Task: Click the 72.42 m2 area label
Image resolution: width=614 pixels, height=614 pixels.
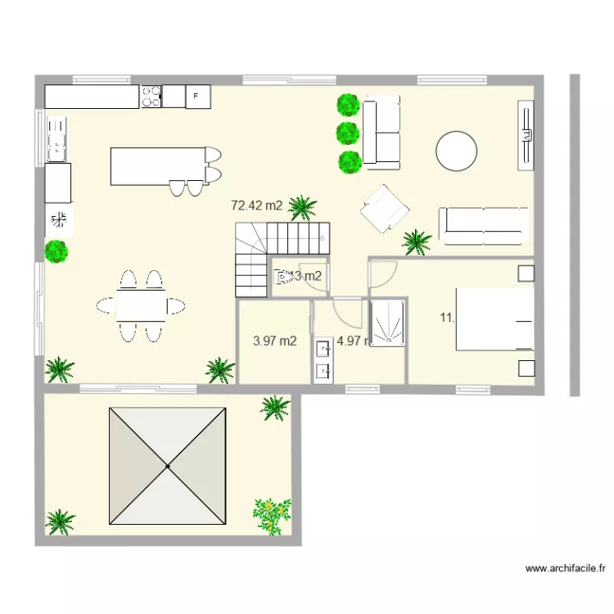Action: (x=256, y=205)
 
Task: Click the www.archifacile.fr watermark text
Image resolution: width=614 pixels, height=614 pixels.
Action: (x=566, y=567)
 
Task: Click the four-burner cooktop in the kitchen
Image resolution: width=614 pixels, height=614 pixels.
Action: (x=151, y=97)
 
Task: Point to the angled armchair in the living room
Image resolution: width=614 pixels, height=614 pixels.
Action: (x=384, y=208)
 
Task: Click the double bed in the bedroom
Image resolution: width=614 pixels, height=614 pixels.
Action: (x=494, y=319)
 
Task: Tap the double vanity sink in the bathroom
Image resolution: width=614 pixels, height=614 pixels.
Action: (x=323, y=360)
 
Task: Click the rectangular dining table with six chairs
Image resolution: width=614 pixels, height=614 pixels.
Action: (x=141, y=306)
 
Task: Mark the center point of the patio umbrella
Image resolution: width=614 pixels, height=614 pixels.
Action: (x=168, y=466)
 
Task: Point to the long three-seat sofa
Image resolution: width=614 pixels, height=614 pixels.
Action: (x=481, y=226)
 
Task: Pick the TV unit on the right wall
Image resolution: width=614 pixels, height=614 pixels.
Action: (x=526, y=135)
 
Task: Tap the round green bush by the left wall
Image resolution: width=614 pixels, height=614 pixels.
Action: (x=56, y=251)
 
